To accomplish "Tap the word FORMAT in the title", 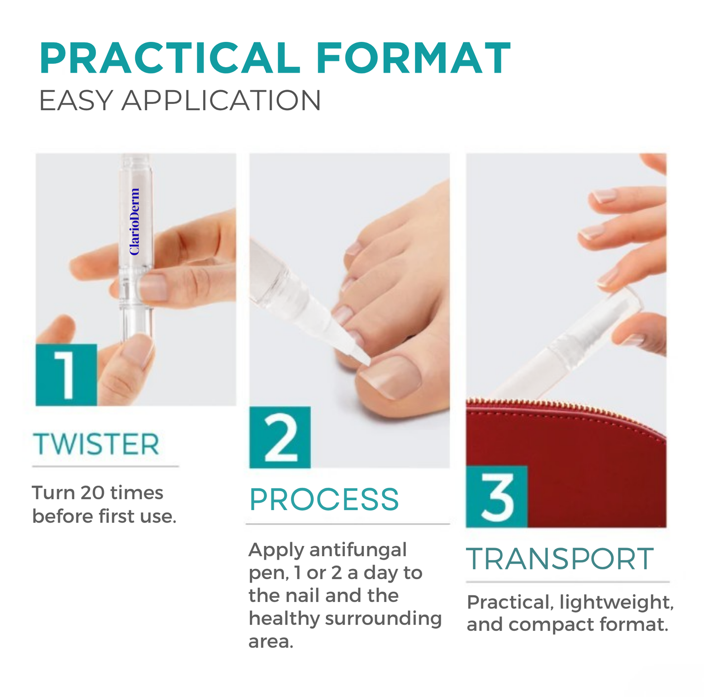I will [x=413, y=59].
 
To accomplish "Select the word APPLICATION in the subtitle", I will [x=221, y=101].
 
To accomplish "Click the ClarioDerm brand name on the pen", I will [x=134, y=222].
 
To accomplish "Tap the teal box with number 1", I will [x=66, y=375].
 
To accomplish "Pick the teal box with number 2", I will [x=280, y=437].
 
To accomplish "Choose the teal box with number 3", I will [x=496, y=496].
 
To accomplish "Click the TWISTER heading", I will [x=96, y=444].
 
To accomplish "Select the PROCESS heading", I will [x=324, y=500].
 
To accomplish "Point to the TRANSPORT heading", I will [x=560, y=559].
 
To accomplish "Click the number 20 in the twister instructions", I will [x=93, y=493].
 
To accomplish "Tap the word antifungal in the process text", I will [x=358, y=550].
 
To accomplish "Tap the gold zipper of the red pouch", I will [x=565, y=406].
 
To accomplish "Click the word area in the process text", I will [x=271, y=642].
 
